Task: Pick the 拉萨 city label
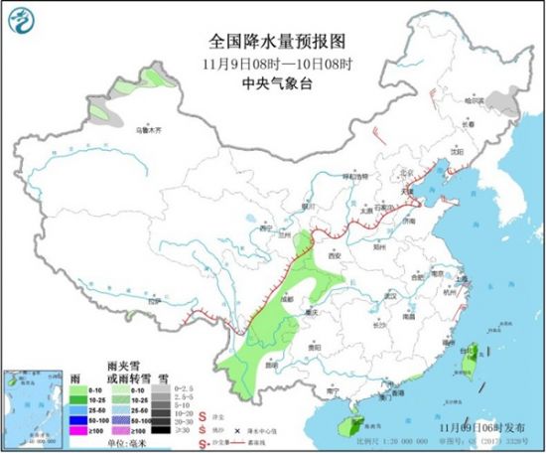click(152, 300)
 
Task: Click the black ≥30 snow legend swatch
click(161, 431)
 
